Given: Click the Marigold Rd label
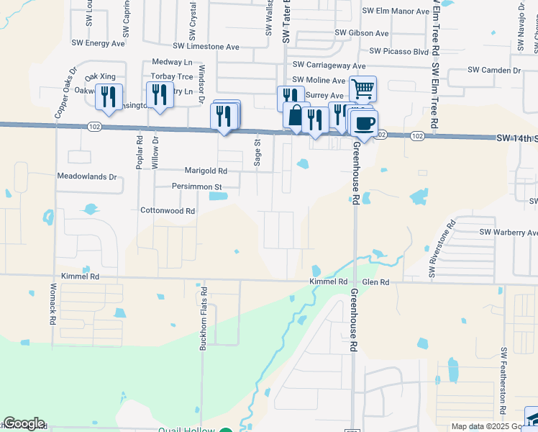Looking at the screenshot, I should click(x=206, y=171).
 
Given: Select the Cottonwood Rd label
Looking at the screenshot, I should click(x=168, y=211).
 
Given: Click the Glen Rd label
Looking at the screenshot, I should click(x=375, y=282).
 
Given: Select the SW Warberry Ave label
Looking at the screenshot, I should click(x=509, y=232).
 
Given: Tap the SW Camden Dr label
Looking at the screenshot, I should click(x=494, y=70).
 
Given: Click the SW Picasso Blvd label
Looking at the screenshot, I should click(x=399, y=51).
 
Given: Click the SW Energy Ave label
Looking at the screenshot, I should click(x=99, y=43).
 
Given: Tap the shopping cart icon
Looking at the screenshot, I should click(x=363, y=89).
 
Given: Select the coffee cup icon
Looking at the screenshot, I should click(x=365, y=122).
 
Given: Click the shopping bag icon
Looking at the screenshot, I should click(x=296, y=115).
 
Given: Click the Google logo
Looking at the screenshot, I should click(x=24, y=423).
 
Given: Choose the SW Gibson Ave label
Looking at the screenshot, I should click(x=362, y=34).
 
